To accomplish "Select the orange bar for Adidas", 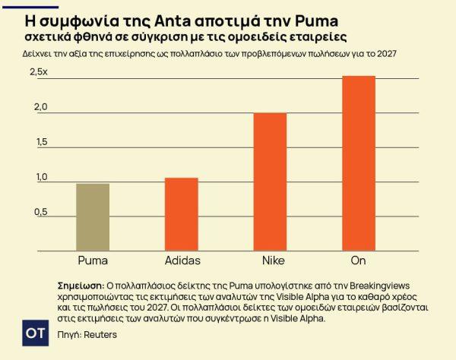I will [182, 213].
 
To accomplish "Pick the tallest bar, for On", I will [359, 163].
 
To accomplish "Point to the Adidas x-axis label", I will [182, 261].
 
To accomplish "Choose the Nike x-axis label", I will [270, 261].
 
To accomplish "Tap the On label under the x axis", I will [359, 261].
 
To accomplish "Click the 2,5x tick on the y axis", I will [39, 71].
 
